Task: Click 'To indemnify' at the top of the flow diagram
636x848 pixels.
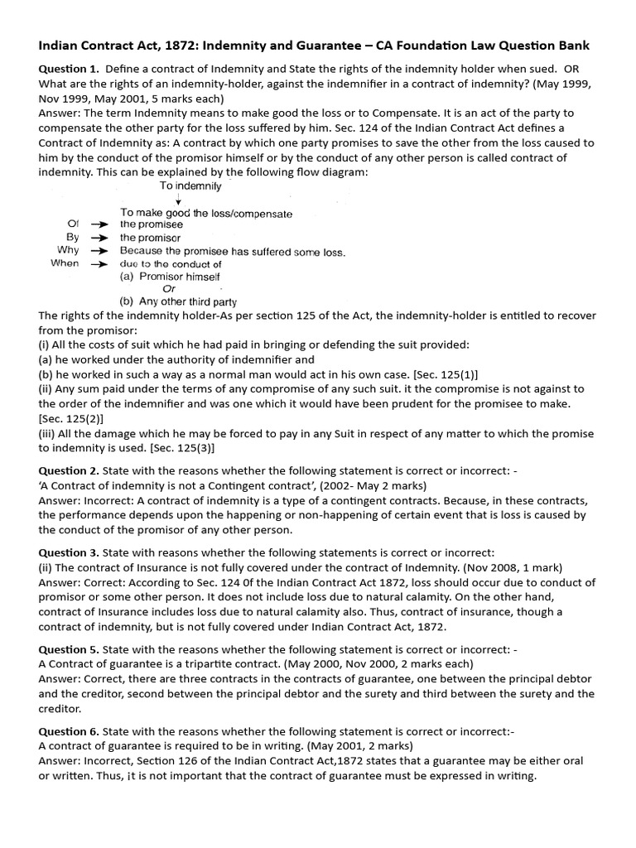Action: [190, 186]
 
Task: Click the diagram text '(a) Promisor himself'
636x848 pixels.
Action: [170, 277]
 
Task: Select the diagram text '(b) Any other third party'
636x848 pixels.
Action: [180, 302]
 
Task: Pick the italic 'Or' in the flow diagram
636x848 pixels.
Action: [170, 289]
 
